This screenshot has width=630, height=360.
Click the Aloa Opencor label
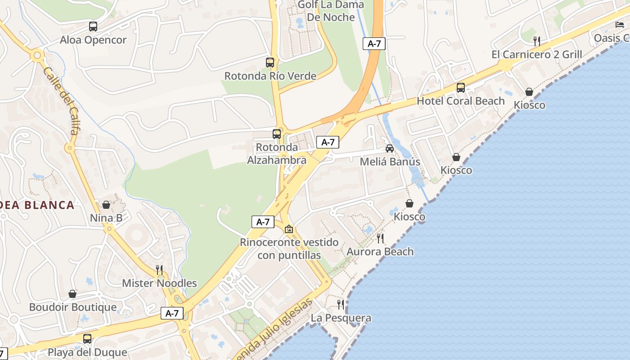click(93, 40)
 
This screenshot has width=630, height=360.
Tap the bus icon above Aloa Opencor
click(93, 27)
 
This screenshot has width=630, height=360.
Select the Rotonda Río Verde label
click(270, 76)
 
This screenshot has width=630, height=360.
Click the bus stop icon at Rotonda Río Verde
click(270, 63)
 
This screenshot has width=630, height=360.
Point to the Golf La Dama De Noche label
click(331, 11)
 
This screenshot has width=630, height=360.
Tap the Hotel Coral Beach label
click(460, 101)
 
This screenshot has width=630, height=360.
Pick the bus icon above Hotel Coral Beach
click(461, 87)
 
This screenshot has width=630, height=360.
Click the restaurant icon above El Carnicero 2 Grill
click(536, 41)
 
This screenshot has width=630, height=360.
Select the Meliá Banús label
click(390, 162)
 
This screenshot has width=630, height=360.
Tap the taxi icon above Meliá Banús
click(390, 148)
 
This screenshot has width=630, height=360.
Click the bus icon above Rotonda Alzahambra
click(277, 134)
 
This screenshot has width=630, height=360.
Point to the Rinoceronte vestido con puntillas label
click(289, 249)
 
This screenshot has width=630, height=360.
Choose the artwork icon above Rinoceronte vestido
click(289, 229)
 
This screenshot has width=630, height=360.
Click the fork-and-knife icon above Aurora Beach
click(380, 238)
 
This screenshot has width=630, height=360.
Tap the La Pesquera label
click(341, 318)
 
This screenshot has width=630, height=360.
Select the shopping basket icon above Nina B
click(106, 205)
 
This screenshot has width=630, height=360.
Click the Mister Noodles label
click(159, 283)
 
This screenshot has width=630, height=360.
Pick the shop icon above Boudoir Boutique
click(72, 294)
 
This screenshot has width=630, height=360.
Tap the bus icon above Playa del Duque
click(87, 338)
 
